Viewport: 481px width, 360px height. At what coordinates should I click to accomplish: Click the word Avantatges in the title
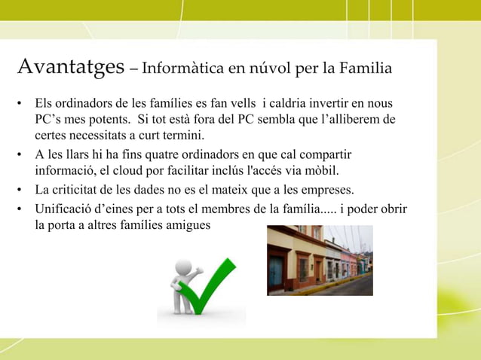click(x=70, y=68)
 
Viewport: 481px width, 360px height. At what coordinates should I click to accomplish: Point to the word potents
click(x=97, y=119)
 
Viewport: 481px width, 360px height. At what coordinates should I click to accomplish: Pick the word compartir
click(x=325, y=154)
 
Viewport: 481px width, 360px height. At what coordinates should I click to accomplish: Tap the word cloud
click(x=130, y=171)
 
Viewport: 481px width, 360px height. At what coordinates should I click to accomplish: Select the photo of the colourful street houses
click(x=320, y=260)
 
